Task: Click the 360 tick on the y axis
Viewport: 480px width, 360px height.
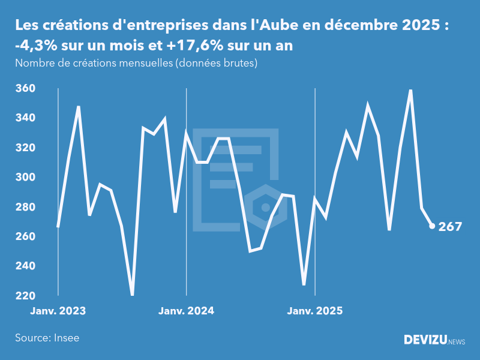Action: coord(25,89)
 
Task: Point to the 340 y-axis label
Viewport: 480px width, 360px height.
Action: coord(25,118)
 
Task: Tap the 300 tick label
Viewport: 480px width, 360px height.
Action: coord(25,178)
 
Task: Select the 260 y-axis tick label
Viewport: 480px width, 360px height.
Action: coord(25,237)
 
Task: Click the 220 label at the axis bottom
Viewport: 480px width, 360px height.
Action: coord(25,296)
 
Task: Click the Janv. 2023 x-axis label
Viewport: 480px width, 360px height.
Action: coord(58,311)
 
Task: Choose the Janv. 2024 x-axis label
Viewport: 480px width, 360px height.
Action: coord(186,311)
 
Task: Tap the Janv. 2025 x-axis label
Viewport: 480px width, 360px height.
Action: coord(316,311)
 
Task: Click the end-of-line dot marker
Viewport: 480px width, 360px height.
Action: coord(432,226)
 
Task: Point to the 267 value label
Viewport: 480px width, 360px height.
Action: coord(450,227)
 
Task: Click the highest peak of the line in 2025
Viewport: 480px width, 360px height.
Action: coord(410,91)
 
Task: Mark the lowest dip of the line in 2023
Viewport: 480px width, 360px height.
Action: coord(132,294)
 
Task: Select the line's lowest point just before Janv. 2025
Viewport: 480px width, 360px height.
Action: coord(304,284)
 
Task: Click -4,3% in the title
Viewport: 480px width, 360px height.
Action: coord(35,46)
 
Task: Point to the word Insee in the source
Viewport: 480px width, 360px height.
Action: coord(66,338)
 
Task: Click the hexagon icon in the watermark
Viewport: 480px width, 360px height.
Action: coord(265,208)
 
